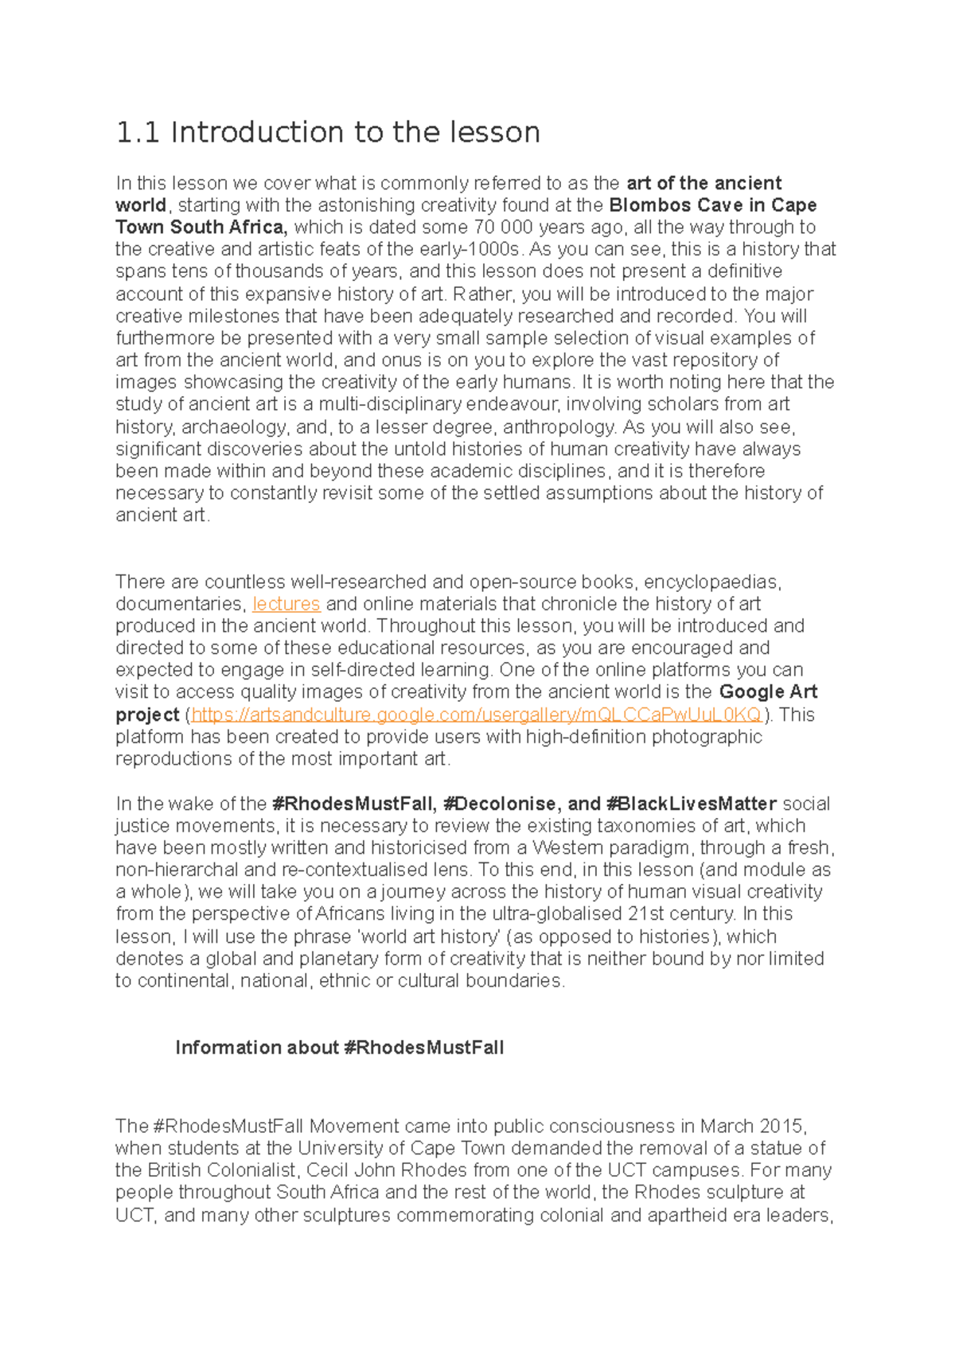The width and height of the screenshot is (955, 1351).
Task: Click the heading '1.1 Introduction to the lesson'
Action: pos(328,132)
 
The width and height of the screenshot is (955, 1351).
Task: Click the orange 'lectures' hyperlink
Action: pos(286,604)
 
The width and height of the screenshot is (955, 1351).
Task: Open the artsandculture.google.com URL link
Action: pos(476,714)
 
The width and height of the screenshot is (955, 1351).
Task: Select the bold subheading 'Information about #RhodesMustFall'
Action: pos(339,1048)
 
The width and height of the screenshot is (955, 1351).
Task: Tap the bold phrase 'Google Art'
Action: pos(768,691)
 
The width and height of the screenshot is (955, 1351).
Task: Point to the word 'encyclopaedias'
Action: pos(711,582)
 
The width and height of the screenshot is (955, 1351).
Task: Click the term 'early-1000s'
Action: pos(472,250)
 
